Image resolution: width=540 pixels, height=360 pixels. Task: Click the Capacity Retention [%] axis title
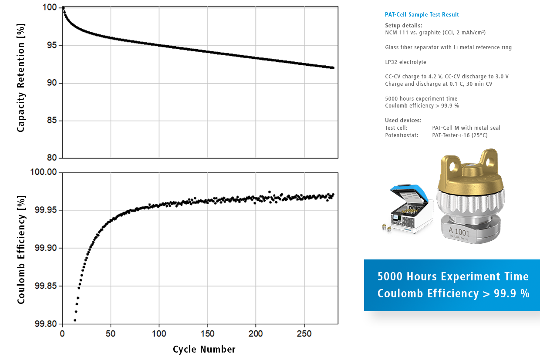pyautogui.click(x=21, y=78)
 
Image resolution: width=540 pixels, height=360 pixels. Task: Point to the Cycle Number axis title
pyautogui.click(x=204, y=349)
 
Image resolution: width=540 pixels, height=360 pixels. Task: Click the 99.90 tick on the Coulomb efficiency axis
pyautogui.click(x=45, y=248)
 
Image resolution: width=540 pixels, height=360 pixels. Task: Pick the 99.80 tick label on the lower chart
pyautogui.click(x=45, y=324)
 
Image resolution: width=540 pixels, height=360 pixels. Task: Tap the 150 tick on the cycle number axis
pyautogui.click(x=207, y=333)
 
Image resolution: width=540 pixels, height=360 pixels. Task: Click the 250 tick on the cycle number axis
pyautogui.click(x=304, y=333)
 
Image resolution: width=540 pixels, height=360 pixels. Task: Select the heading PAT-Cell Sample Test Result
pyautogui.click(x=422, y=15)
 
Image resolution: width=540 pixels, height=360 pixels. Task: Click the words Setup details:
pyautogui.click(x=404, y=26)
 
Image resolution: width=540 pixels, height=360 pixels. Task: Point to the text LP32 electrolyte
pyautogui.click(x=405, y=62)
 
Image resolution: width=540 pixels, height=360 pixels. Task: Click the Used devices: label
pyautogui.click(x=403, y=121)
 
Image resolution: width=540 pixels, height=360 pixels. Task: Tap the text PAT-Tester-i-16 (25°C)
pyautogui.click(x=460, y=135)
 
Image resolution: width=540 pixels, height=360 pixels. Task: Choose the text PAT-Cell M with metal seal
pyautogui.click(x=466, y=128)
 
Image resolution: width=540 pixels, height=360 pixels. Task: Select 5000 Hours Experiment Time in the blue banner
pyautogui.click(x=453, y=277)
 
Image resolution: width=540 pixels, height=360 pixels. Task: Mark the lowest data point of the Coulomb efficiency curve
pyautogui.click(x=75, y=320)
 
